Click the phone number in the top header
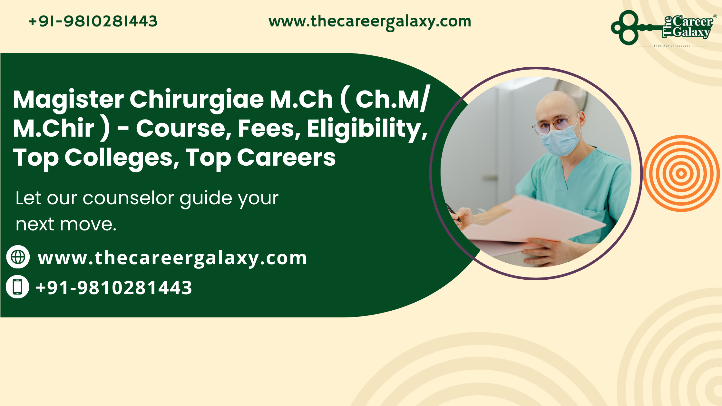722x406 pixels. click(x=93, y=21)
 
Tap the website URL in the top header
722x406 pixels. click(x=370, y=21)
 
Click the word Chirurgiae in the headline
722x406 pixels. click(x=197, y=100)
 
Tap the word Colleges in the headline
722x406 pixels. click(x=122, y=158)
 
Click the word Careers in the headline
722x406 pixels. click(x=286, y=158)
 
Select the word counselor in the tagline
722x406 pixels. click(x=128, y=198)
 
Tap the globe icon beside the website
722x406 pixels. click(x=18, y=257)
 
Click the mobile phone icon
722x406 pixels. click(x=18, y=286)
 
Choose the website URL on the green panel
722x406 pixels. click(x=172, y=258)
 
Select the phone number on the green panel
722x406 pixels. click(x=114, y=287)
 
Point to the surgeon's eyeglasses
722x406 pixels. click(x=554, y=124)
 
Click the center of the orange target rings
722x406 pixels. click(x=681, y=173)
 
